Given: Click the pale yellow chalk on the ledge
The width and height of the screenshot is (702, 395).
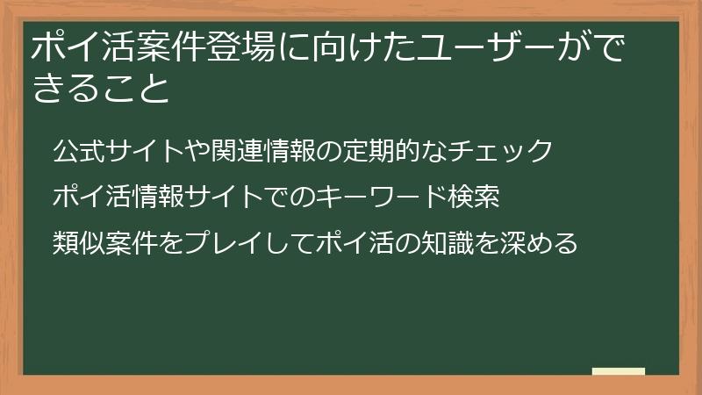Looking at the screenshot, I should pos(618,371).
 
